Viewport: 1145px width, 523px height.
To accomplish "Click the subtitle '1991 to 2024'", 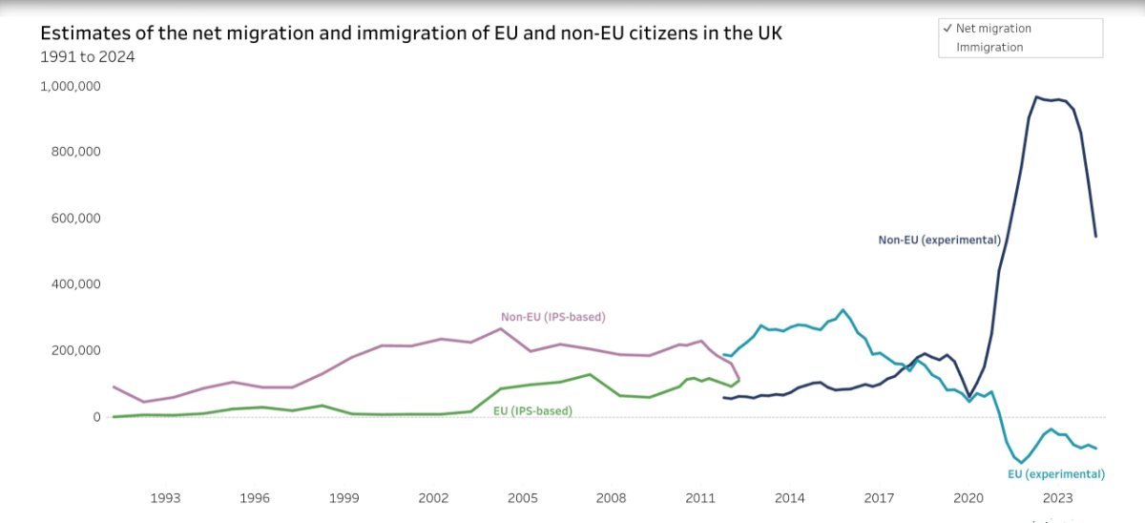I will coord(87,57).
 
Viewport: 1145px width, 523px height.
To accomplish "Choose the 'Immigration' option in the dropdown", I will coord(989,47).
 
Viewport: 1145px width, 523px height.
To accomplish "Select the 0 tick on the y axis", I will coord(96,417).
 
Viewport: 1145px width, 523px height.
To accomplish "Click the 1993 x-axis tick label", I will coord(165,498).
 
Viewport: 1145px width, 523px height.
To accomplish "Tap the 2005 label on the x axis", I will coord(522,498).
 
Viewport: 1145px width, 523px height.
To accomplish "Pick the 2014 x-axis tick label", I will coord(789,498).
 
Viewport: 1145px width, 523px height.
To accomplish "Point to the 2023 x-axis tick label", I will coord(1057,498).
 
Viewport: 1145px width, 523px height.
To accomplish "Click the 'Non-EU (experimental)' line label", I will coord(939,241).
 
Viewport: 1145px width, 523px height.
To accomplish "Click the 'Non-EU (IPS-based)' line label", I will coord(553,317).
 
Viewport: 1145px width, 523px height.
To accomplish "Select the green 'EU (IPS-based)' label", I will coord(532,411).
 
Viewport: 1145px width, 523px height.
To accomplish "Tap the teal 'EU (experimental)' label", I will coord(1056,474).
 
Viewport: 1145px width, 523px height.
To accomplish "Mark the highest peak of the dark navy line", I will coord(1036,96).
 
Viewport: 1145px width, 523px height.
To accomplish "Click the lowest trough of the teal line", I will coord(1022,463).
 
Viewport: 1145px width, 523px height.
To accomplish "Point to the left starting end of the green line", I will coord(114,416).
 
